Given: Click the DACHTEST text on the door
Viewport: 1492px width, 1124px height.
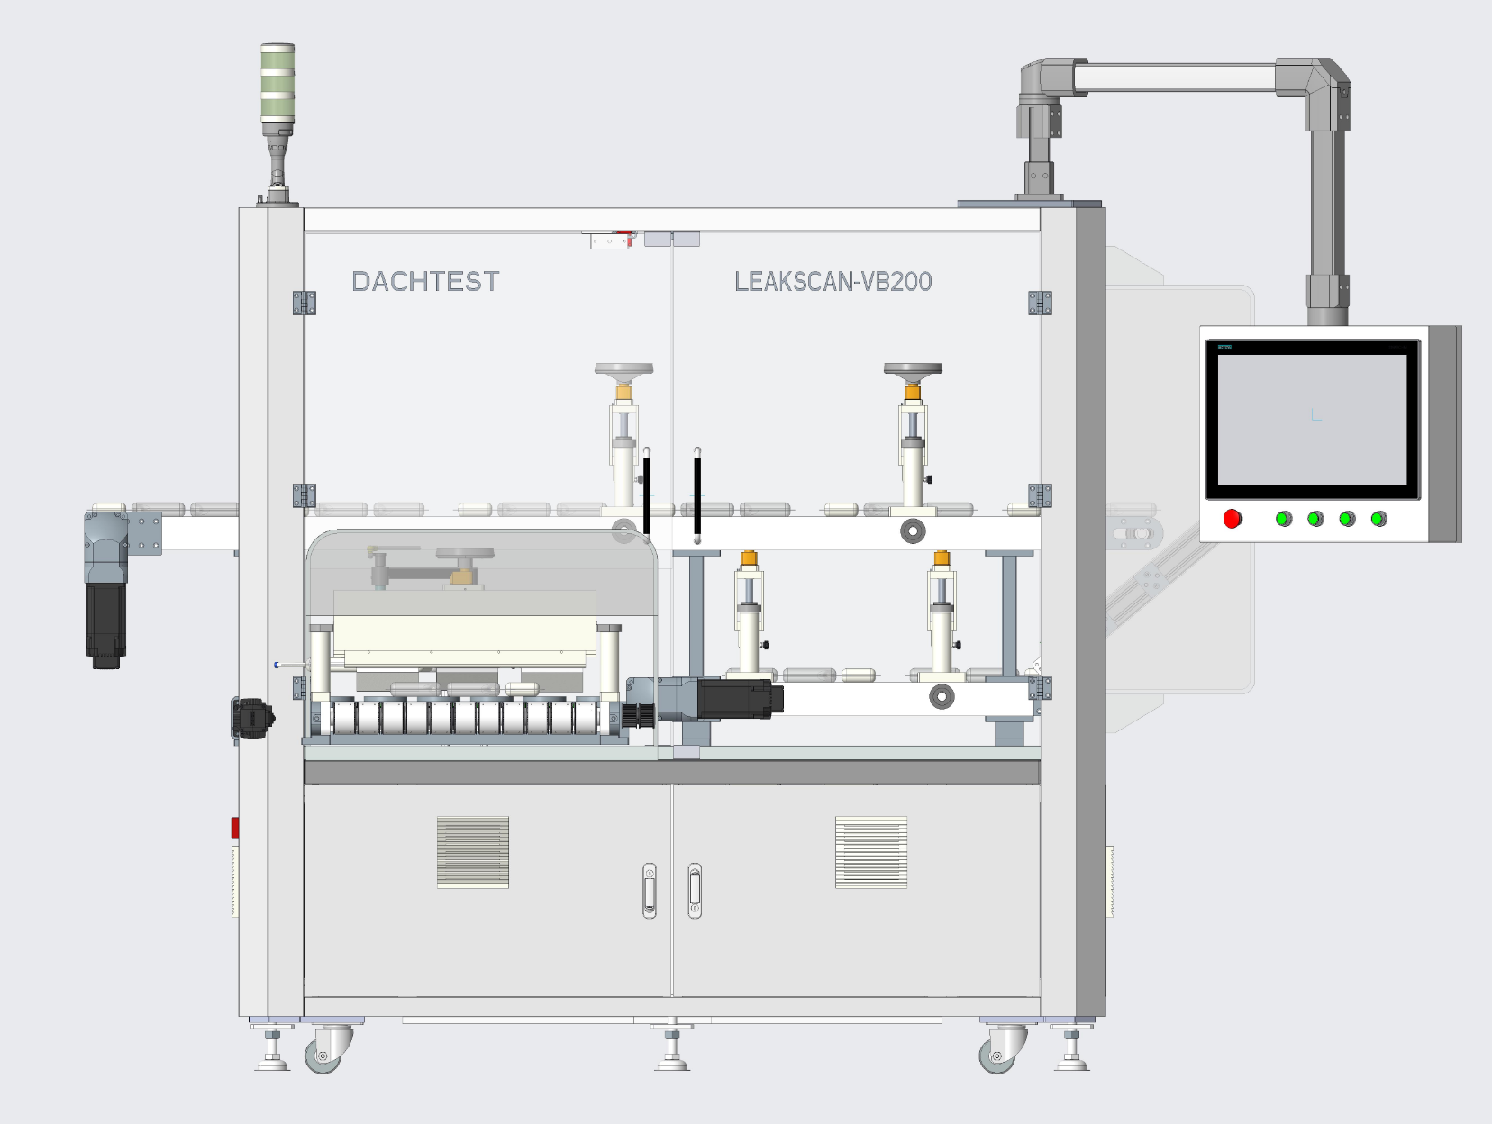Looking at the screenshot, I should click(425, 282).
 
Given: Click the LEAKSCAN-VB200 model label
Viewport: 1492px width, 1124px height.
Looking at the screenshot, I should click(832, 282).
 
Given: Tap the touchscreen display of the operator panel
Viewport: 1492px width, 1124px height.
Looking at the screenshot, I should click(1312, 419).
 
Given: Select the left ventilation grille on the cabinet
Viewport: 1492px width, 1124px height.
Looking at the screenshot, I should click(472, 852).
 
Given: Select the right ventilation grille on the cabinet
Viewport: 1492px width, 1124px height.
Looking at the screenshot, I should click(870, 852).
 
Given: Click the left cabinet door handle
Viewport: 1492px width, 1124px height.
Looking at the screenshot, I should click(650, 890).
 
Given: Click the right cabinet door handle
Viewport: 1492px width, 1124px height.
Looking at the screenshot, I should click(695, 890).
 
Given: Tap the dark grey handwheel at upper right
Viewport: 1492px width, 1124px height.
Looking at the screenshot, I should click(913, 369).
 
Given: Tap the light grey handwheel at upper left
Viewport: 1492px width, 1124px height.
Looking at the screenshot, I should click(623, 369).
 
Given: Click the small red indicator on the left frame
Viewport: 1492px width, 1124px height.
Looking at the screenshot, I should click(235, 827).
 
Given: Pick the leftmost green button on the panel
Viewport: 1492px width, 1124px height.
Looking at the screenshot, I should click(1284, 519).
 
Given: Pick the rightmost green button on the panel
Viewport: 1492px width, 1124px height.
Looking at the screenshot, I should click(1378, 519).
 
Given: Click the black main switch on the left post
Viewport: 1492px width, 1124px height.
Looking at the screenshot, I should click(253, 718).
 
